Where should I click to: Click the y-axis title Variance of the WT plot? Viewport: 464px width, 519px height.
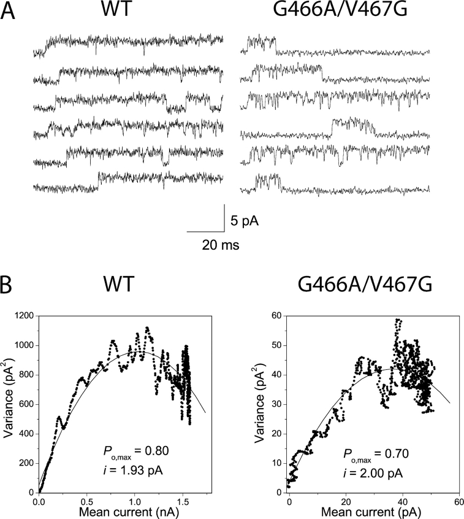(9, 402)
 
